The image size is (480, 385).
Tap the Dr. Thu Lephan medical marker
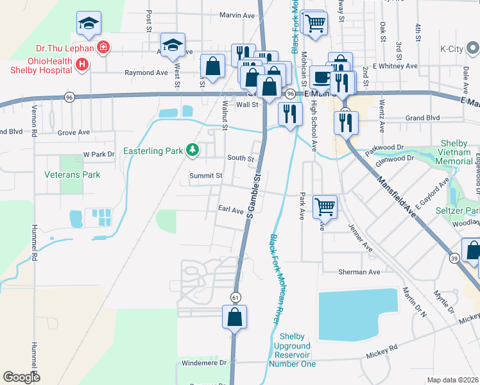tap(102, 47)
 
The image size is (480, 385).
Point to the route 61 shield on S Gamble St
tap(236, 296)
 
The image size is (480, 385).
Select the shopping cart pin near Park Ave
tap(325, 207)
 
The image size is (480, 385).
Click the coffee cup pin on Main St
tap(321, 77)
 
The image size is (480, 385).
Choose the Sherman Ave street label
tap(359, 272)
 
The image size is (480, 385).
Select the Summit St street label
tap(205, 175)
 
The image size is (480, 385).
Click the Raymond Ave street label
tap(146, 73)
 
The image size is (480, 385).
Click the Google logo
tap(22, 377)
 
